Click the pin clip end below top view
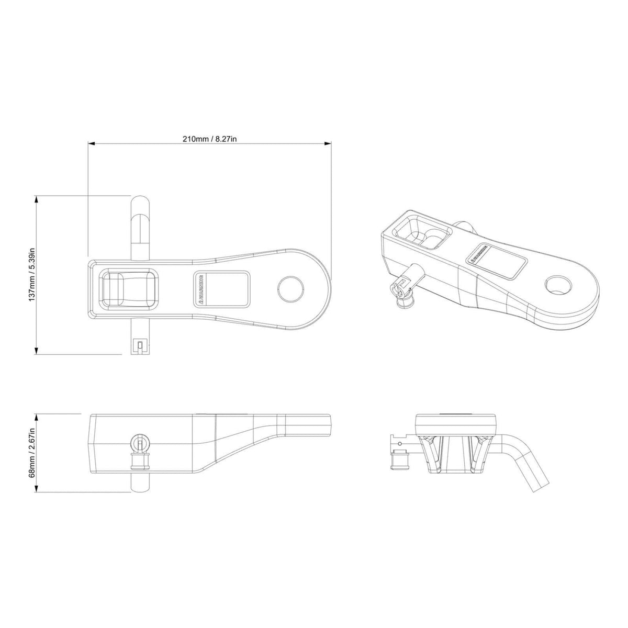tap(140, 345)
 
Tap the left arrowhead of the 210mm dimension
tap(91, 143)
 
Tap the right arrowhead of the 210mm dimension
tap(329, 143)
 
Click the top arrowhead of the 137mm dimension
tap(36, 198)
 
